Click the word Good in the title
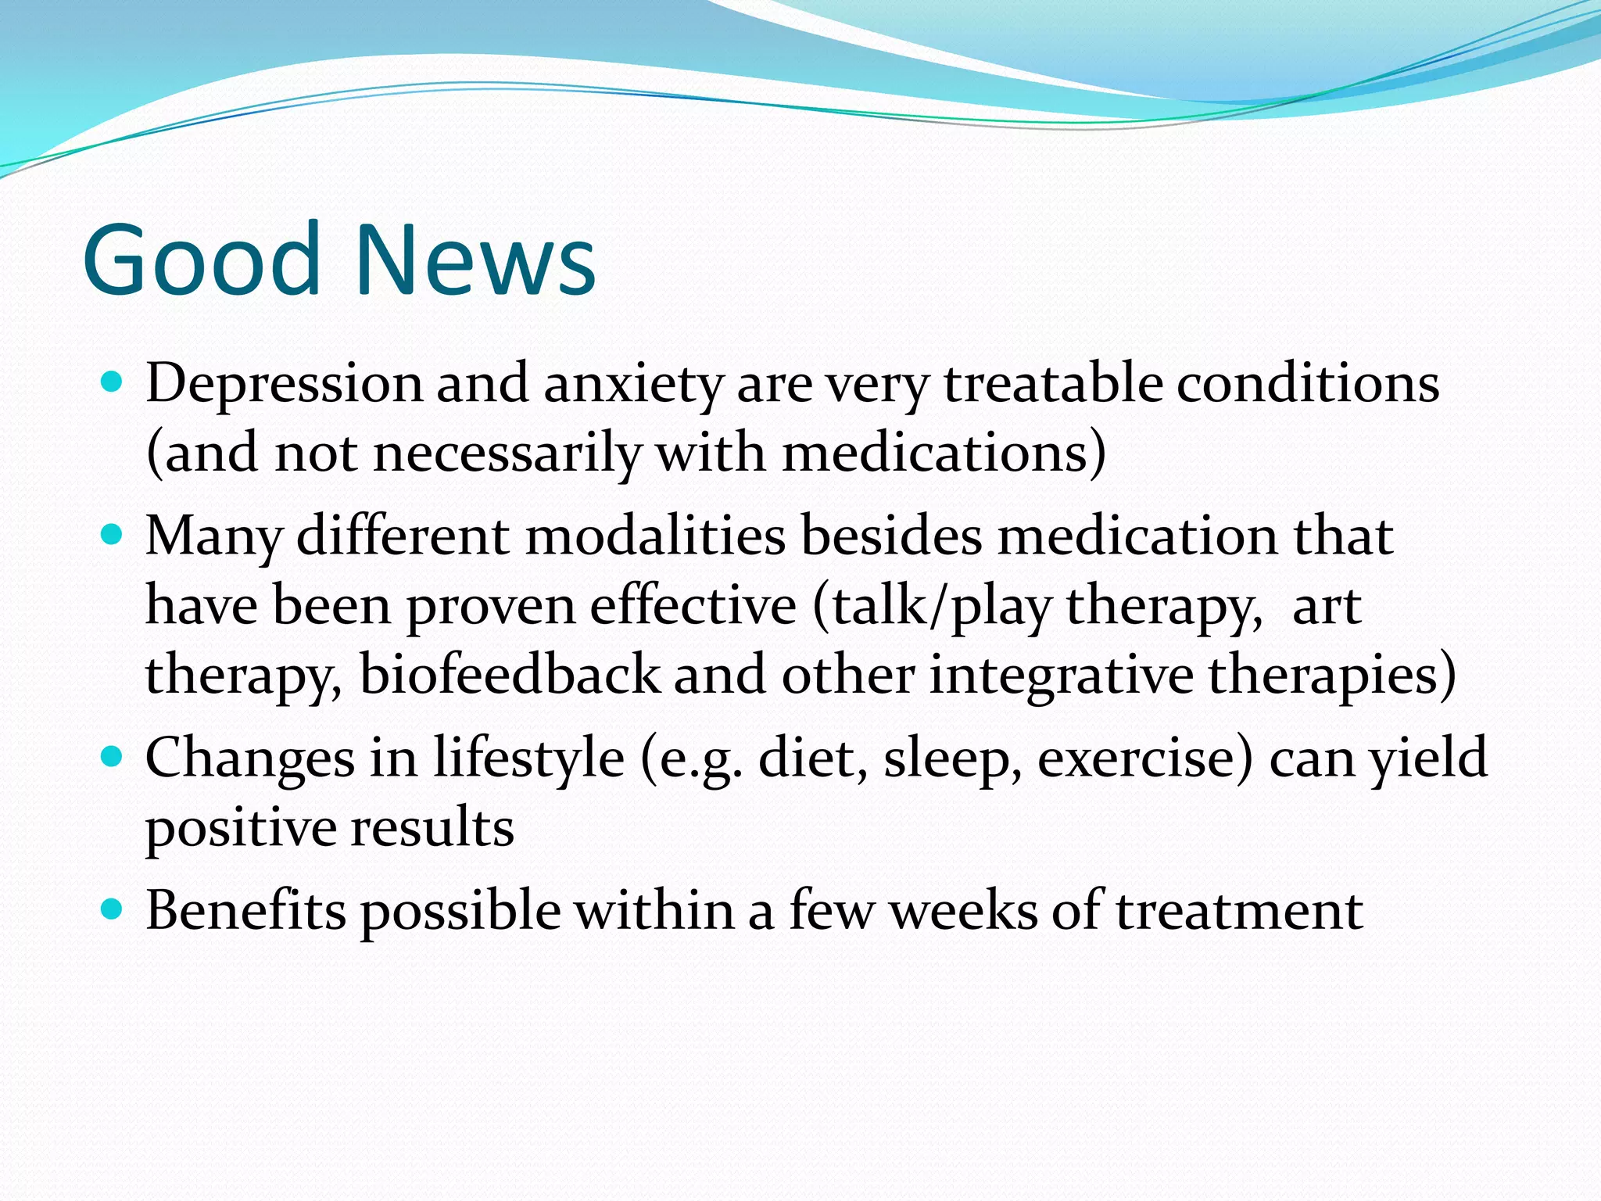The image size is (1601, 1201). [202, 260]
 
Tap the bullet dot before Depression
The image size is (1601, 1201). [113, 382]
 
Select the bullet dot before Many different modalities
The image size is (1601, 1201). [113, 535]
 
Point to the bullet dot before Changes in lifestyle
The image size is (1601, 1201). [113, 757]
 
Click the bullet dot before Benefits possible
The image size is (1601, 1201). [113, 909]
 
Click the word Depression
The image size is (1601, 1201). [283, 385]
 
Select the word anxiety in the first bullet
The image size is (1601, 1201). [633, 385]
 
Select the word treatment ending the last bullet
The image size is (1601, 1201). [1239, 911]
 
